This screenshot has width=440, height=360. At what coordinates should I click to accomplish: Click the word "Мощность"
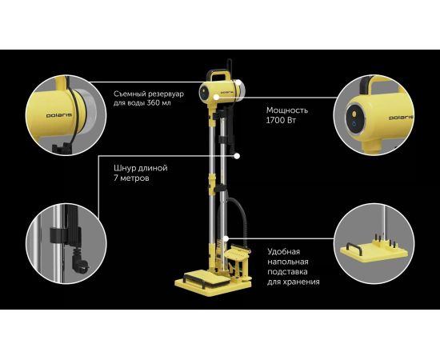[287, 110]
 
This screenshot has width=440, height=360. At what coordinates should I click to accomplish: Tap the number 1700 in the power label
[274, 120]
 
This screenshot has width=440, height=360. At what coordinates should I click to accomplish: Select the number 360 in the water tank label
[154, 102]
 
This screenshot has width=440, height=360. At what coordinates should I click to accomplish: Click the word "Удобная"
[284, 251]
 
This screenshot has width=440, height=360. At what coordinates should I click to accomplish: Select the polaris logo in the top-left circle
[59, 115]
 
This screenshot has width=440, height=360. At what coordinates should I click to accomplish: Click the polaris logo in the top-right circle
[401, 118]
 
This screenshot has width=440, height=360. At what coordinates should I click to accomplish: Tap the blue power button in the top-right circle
[354, 123]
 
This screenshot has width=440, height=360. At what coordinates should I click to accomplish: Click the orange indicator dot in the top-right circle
[354, 114]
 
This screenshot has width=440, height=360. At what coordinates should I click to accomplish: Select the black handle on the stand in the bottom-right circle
[354, 248]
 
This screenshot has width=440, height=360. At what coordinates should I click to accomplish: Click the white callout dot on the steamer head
[216, 98]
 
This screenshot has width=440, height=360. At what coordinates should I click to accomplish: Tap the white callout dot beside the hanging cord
[237, 156]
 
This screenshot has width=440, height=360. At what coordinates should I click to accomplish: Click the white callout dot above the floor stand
[226, 238]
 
